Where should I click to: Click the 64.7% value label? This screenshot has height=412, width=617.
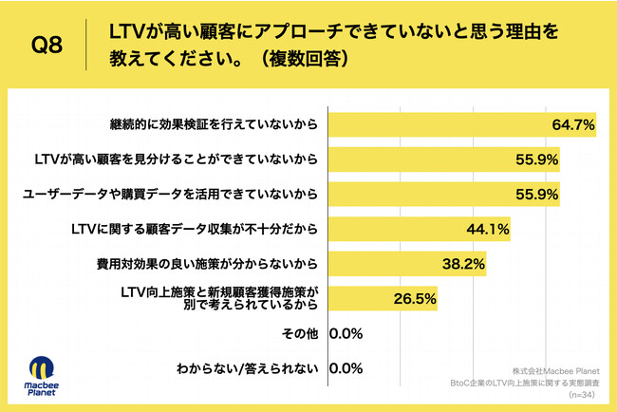[572, 124]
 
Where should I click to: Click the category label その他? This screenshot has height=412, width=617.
[300, 333]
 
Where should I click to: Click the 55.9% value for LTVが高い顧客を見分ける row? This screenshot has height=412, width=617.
[536, 159]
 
